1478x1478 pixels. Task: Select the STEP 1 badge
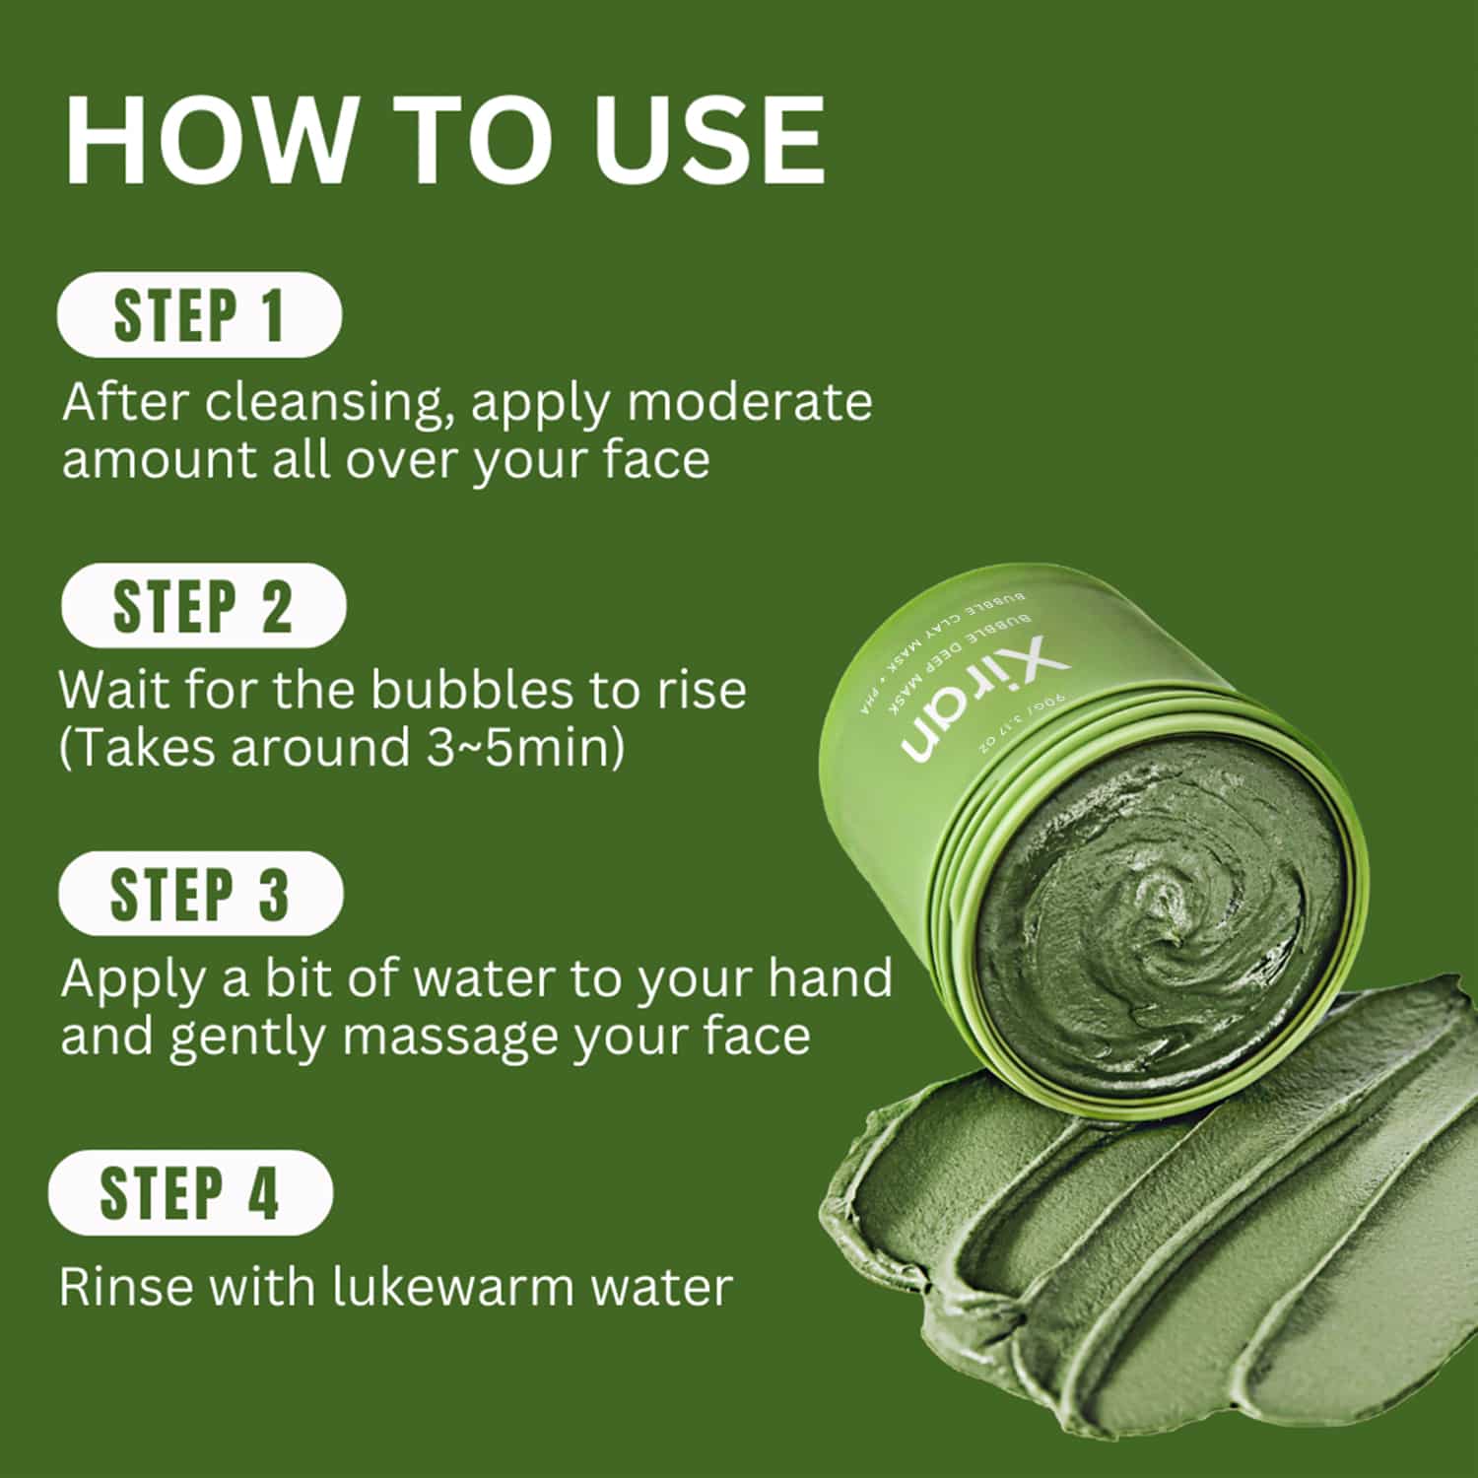pyautogui.click(x=200, y=315)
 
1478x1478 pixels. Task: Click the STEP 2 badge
pyautogui.click(x=204, y=606)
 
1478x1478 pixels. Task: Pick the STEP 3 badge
pyautogui.click(x=201, y=894)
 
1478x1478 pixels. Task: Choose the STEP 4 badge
pyautogui.click(x=191, y=1193)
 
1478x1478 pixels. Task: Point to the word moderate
pyautogui.click(x=749, y=402)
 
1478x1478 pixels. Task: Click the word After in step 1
pyautogui.click(x=126, y=402)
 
